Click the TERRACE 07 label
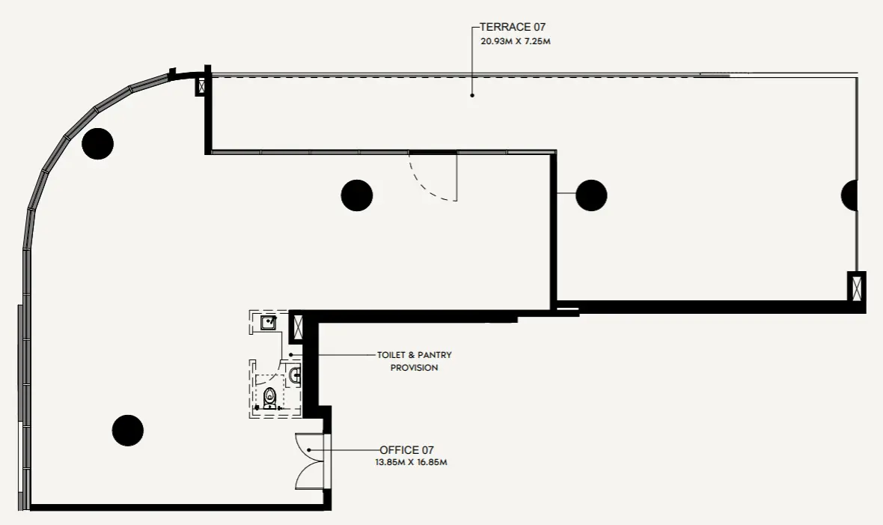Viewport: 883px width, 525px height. (x=513, y=26)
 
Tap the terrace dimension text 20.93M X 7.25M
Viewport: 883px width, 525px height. (x=516, y=41)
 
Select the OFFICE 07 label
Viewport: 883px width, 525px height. (x=406, y=450)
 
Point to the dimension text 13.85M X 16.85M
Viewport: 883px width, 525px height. (x=411, y=462)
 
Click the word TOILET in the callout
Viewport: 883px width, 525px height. (x=391, y=355)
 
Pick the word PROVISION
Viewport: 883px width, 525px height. (x=414, y=368)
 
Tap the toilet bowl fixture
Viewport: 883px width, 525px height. (x=270, y=397)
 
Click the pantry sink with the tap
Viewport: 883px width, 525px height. (x=269, y=323)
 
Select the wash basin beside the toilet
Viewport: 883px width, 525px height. (x=295, y=374)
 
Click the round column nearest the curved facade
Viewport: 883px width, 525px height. (x=97, y=144)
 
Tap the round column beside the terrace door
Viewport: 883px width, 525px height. (x=356, y=195)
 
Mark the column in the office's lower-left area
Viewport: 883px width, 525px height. (x=128, y=431)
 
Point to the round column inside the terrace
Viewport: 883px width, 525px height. (x=591, y=195)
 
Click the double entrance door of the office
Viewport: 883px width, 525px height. (x=311, y=461)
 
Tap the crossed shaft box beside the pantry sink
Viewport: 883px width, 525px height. (x=296, y=327)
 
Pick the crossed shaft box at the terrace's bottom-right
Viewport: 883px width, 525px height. (x=857, y=286)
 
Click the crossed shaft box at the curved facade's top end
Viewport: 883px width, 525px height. (x=201, y=86)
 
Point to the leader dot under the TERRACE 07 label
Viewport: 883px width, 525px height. (x=472, y=95)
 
